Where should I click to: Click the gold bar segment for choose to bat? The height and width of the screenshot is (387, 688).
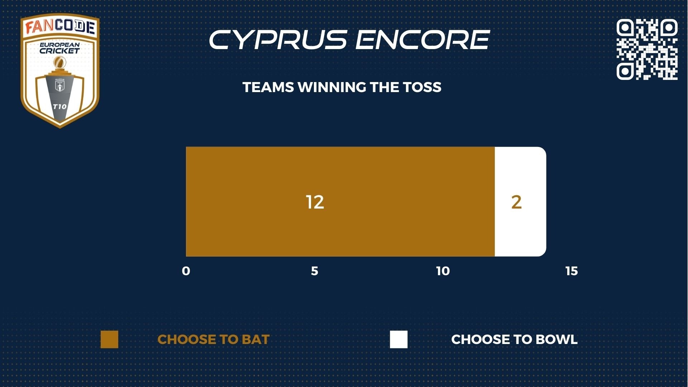click(x=340, y=201)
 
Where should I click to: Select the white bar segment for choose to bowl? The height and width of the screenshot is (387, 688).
click(x=520, y=201)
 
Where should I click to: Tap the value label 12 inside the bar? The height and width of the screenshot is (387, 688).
click(x=315, y=202)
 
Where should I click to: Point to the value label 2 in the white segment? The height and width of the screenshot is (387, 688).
click(x=516, y=202)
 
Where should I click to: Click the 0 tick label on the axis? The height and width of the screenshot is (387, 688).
click(x=186, y=271)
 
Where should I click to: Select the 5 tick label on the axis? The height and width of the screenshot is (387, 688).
click(x=314, y=271)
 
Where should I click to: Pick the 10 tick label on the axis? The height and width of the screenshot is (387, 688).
click(x=443, y=271)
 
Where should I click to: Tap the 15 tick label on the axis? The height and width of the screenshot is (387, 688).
click(x=572, y=271)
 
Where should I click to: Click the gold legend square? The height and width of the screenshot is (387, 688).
click(x=109, y=339)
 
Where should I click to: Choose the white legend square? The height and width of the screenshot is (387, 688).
click(x=399, y=339)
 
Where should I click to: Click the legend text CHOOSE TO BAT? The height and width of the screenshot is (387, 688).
click(x=213, y=339)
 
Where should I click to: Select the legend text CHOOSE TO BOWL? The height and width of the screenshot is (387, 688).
click(x=514, y=339)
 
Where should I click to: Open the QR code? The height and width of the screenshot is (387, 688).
click(x=647, y=49)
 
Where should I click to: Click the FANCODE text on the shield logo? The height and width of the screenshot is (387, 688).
click(x=60, y=27)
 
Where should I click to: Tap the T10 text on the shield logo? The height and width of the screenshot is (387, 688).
click(x=59, y=106)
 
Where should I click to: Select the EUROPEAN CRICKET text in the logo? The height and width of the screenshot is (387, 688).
click(x=59, y=48)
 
